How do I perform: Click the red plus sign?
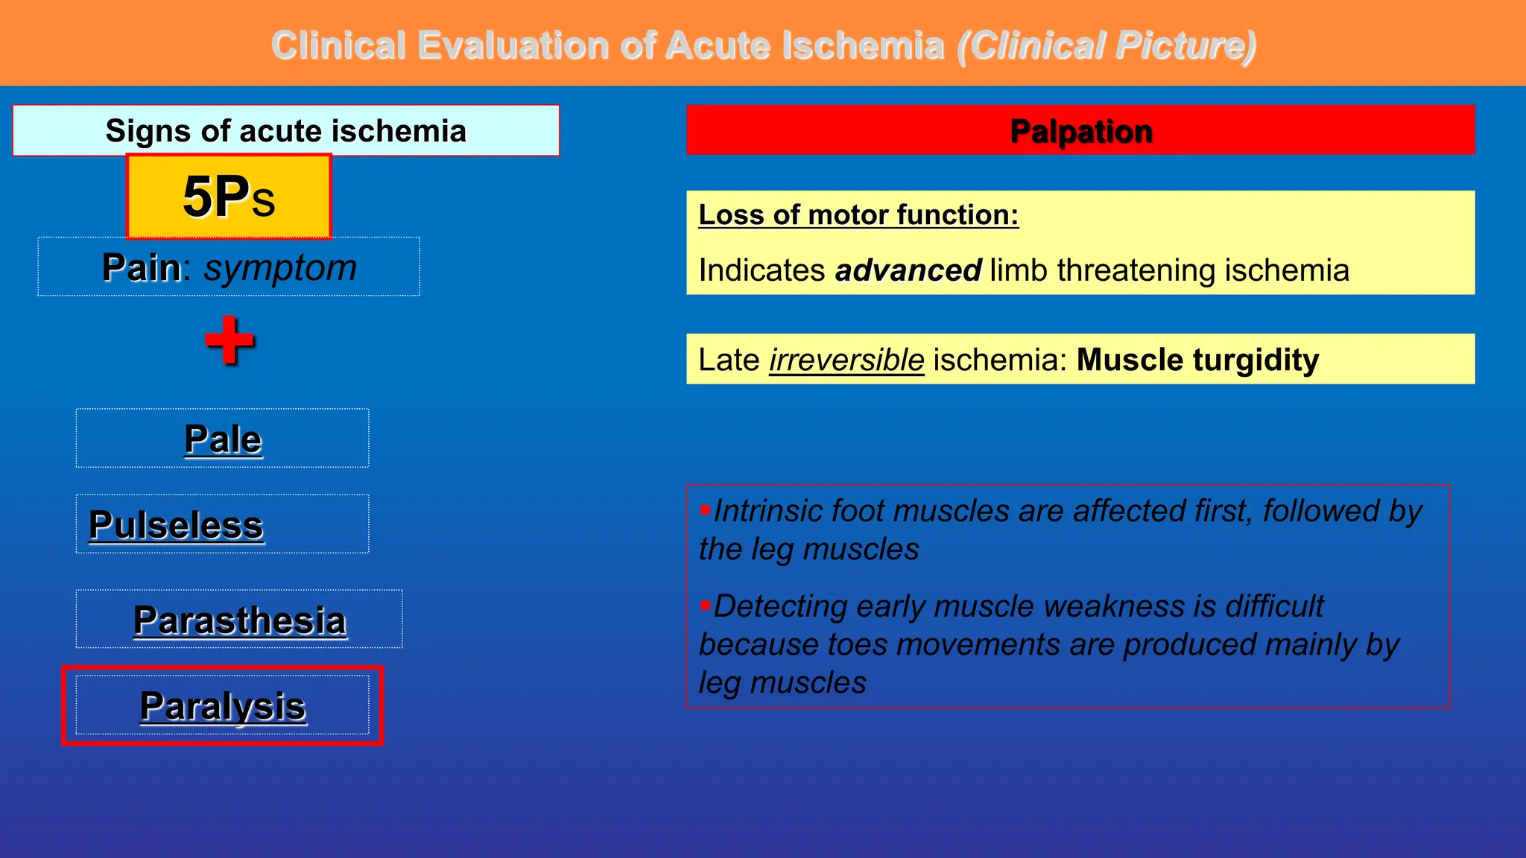tap(229, 340)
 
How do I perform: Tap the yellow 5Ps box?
tap(229, 197)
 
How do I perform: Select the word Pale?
tap(223, 439)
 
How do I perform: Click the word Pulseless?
tap(176, 525)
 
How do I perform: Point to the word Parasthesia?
tap(240, 620)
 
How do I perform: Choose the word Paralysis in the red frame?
tap(223, 706)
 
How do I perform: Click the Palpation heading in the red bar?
tap(1080, 131)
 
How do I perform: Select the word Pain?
tap(141, 267)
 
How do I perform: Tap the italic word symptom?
tap(280, 267)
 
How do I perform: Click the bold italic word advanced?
tap(908, 270)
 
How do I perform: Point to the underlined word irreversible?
tap(846, 360)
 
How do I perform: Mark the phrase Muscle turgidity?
tap(1197, 360)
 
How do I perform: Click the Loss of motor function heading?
tap(858, 214)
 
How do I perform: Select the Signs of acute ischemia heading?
tap(285, 131)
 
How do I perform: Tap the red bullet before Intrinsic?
tap(704, 510)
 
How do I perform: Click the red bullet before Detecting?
tap(704, 606)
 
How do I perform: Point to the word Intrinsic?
tap(767, 511)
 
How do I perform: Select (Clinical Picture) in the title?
tap(1106, 45)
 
